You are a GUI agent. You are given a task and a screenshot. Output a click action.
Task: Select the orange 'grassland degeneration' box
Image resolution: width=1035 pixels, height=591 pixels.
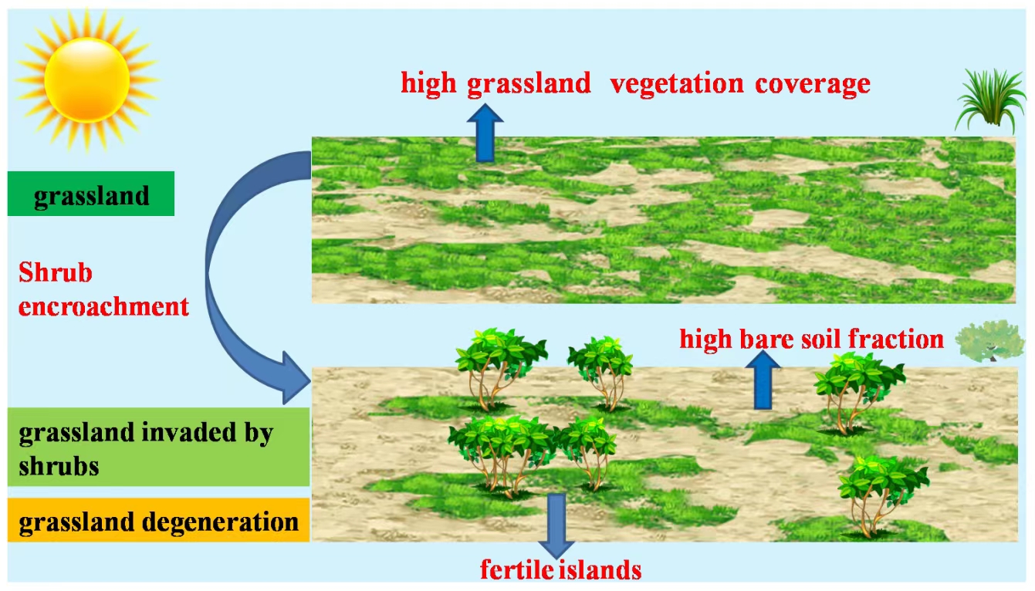[x=158, y=522]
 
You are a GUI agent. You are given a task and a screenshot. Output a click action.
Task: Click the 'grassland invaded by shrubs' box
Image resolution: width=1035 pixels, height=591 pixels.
[x=158, y=447]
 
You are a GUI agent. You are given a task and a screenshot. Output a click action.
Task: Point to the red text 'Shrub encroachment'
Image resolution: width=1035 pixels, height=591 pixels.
[x=103, y=290]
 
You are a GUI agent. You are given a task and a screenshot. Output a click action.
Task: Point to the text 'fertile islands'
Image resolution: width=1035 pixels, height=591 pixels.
[x=561, y=571]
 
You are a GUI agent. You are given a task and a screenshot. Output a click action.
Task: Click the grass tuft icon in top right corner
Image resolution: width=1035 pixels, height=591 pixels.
[x=989, y=100]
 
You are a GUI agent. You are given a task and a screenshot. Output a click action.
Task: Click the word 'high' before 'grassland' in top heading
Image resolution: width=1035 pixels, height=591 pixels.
[x=429, y=83]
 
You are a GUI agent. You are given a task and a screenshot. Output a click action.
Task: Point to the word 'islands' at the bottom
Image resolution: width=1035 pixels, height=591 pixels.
[x=604, y=571]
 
